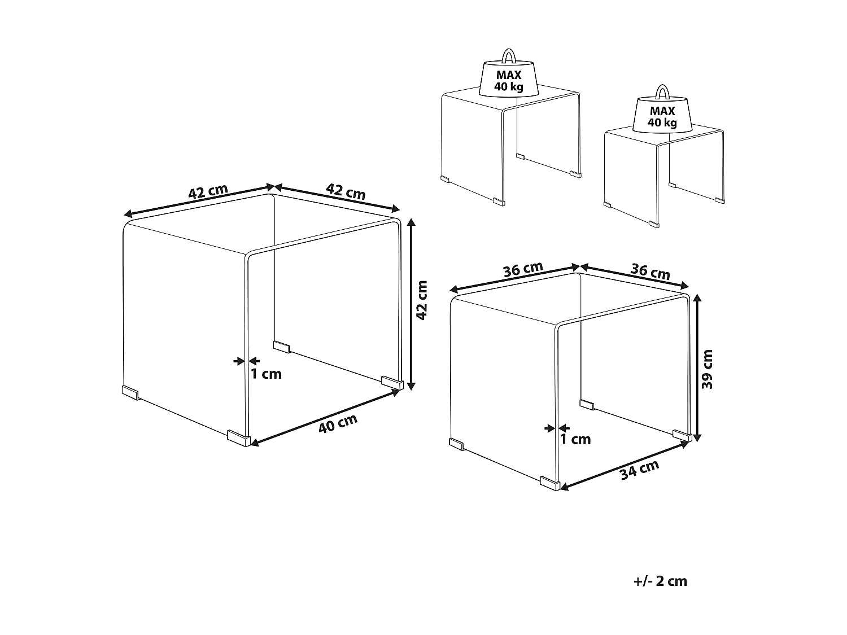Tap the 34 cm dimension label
pos(640,469)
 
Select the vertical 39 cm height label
pos(706,369)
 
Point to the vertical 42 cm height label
pos(422,300)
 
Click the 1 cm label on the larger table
pos(266,374)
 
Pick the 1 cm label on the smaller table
pos(575,439)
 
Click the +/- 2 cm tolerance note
pos(660,581)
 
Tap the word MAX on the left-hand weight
pos(509,75)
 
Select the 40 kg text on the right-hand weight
pos(662,122)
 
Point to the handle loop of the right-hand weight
pos(662,92)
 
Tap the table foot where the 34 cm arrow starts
pos(549,483)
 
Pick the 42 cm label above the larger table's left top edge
pos(208,191)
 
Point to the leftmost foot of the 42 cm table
pos(130,392)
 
